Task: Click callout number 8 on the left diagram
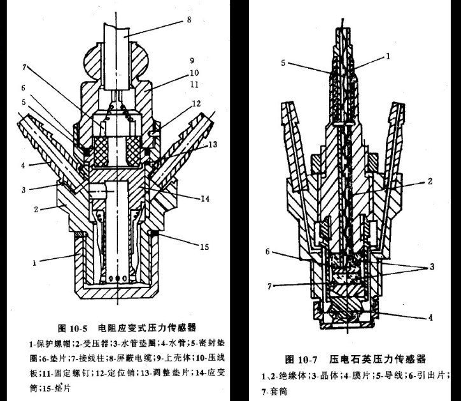pos(188,20)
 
